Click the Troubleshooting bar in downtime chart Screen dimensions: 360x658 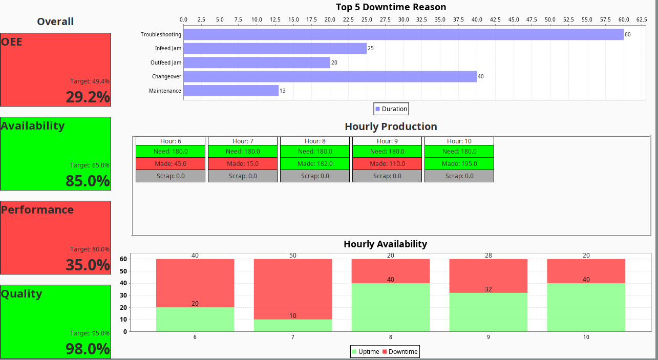pos(404,34)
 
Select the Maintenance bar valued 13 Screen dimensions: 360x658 pos(231,91)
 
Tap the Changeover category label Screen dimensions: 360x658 pos(166,77)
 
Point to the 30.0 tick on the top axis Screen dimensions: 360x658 pos(404,19)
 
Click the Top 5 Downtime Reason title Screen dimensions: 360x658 pos(391,7)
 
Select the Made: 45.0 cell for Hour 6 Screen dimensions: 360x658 pos(171,164)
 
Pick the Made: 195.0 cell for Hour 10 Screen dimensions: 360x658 pos(459,164)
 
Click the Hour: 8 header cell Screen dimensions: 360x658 pos(315,141)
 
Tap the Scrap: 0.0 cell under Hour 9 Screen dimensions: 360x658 pos(387,176)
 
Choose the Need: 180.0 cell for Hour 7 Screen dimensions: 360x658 pos(243,152)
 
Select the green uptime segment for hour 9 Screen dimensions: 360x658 pos(488,312)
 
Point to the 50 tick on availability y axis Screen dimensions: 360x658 pos(124,271)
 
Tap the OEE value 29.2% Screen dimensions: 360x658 pos(88,97)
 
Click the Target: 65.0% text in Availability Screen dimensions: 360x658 pos(90,165)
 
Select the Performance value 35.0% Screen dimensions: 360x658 pos(88,265)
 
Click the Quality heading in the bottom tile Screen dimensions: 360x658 pos(22,294)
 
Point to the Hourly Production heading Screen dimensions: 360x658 pos(391,126)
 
